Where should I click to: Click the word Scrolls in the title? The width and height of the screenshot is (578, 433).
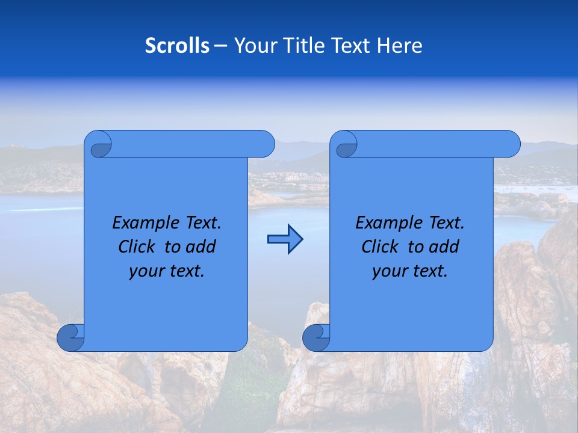(177, 46)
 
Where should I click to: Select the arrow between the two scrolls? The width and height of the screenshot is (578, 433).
(285, 239)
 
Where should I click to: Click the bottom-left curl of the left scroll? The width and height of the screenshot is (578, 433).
(71, 337)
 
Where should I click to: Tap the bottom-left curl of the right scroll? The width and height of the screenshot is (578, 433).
(317, 337)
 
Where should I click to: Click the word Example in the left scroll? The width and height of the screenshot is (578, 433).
(144, 223)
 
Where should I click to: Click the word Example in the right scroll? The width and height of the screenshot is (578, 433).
(388, 223)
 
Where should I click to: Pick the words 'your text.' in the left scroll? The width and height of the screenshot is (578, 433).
(167, 271)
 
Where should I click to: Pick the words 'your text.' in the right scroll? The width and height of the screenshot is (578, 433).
(410, 271)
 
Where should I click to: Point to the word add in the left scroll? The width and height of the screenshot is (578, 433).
(200, 247)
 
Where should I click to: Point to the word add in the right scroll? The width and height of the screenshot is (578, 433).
(444, 247)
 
